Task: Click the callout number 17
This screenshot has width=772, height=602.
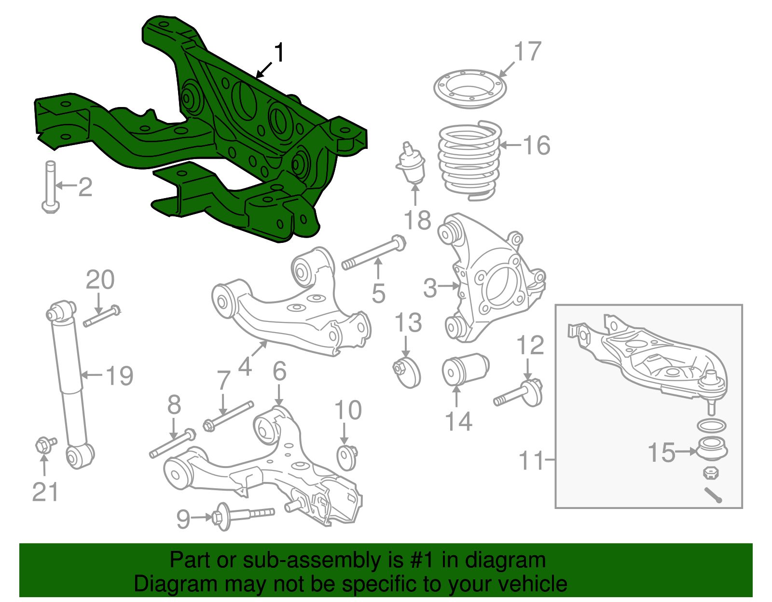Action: (528, 52)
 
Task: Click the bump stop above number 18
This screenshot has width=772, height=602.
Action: (411, 164)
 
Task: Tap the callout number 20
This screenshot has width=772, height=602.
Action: (100, 280)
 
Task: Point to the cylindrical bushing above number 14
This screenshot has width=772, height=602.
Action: (465, 370)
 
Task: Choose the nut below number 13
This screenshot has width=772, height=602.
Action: (408, 373)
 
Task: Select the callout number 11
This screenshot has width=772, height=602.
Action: (531, 461)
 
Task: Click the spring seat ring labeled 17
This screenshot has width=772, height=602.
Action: (469, 89)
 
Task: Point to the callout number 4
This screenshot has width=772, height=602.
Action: (245, 367)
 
